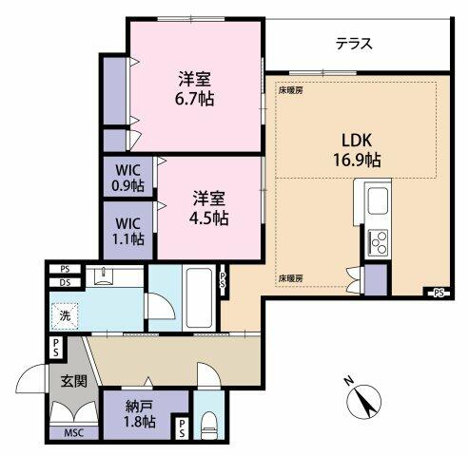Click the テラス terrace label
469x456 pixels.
coord(354,44)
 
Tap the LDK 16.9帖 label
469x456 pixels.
coord(357,150)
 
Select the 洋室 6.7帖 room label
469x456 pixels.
coord(194,88)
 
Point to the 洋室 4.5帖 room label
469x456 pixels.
coord(209,208)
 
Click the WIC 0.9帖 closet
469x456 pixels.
coord(128,178)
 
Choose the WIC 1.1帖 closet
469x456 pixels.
coord(128,231)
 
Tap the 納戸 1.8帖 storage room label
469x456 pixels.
coord(140,414)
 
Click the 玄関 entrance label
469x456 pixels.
coord(74,381)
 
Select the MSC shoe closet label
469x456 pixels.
coord(74,433)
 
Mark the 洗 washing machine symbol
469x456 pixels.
coord(65,316)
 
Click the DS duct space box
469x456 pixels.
coord(65,282)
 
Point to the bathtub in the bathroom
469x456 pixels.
coord(199,297)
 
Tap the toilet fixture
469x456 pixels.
coord(208,425)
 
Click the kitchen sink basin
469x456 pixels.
coord(378,200)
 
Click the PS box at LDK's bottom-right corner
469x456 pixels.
coord(439,293)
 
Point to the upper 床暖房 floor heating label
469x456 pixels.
coord(290,91)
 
